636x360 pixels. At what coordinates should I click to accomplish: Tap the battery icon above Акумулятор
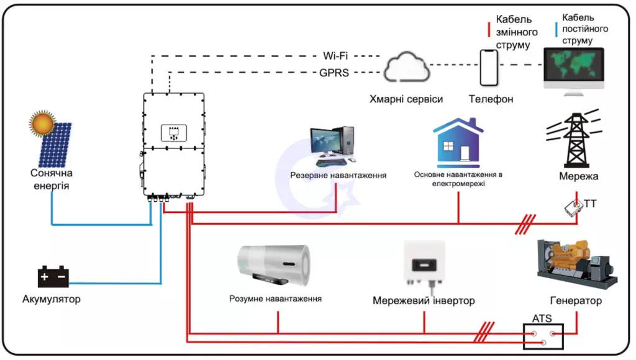(53, 277)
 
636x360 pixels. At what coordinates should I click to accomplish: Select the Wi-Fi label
(335, 56)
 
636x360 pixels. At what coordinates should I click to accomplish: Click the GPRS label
(334, 73)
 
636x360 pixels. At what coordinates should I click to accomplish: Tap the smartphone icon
(489, 67)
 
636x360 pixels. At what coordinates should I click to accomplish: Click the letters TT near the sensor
(590, 202)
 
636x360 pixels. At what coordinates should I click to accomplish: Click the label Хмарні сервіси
(406, 99)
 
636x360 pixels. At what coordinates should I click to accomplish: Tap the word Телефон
(491, 99)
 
